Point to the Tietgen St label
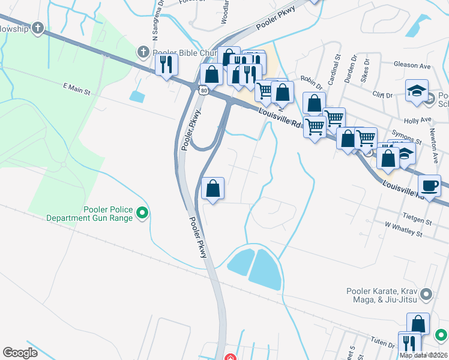tap(418, 221)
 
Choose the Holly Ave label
tap(418, 120)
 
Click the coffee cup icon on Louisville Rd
tap(429, 185)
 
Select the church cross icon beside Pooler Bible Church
tap(143, 52)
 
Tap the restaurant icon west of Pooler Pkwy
tap(166, 64)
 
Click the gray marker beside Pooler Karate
tap(426, 294)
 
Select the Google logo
tap(20, 352)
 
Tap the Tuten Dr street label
tap(382, 342)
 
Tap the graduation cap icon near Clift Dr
tap(417, 89)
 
